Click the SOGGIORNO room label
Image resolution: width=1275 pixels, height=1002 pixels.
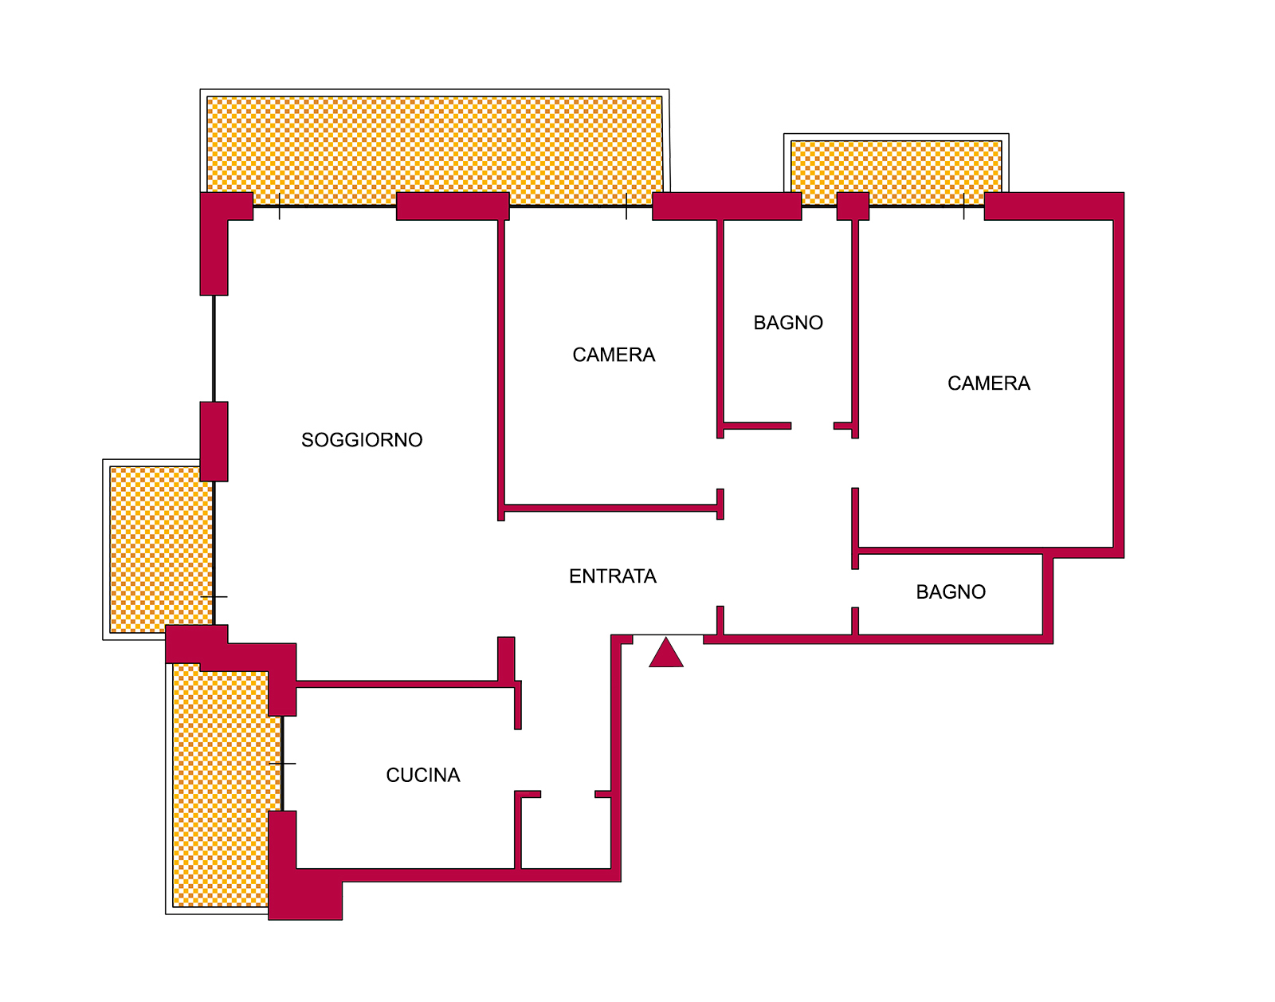point(362,440)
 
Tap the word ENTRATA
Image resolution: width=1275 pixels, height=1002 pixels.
point(613,576)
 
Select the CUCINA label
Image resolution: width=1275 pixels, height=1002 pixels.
point(423,775)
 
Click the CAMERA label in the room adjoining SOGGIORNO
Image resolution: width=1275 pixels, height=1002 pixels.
point(614,355)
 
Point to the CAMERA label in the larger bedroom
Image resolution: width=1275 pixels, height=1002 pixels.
point(989,383)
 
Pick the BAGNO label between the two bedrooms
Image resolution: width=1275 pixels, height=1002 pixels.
point(788,323)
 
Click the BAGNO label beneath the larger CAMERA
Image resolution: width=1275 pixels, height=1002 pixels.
point(951,592)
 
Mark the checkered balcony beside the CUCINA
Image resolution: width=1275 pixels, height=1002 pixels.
point(226,786)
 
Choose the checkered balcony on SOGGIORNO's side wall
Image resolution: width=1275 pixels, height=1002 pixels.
point(161,549)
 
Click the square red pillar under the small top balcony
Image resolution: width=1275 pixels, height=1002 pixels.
point(853,206)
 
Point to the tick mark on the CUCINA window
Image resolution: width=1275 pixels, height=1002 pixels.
point(282,763)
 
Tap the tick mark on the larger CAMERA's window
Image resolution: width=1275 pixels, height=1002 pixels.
point(963,206)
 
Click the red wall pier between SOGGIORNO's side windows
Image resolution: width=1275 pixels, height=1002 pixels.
point(214,441)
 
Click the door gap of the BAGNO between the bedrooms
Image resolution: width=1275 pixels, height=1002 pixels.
point(812,426)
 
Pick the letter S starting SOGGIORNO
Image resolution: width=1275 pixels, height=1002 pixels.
point(306,440)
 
